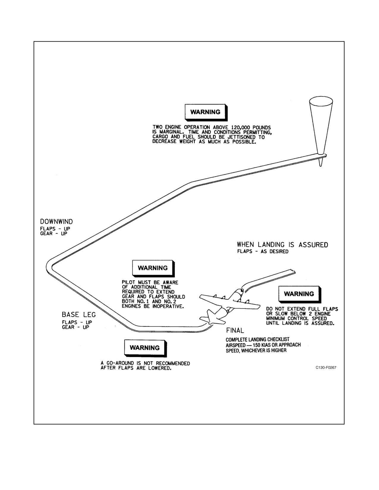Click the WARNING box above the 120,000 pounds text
(x=206, y=112)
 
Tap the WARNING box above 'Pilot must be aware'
(x=153, y=268)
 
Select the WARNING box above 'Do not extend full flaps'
(x=300, y=294)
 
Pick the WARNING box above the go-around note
(x=145, y=348)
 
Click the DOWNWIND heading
(x=56, y=222)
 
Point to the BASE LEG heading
(x=79, y=314)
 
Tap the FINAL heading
(x=235, y=331)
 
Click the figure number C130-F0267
(x=326, y=368)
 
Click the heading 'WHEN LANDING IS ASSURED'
(x=282, y=245)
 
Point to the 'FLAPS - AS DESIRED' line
(x=263, y=252)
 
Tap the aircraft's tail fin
(x=211, y=315)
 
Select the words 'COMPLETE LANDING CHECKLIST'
(x=257, y=339)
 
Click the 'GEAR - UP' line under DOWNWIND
(x=54, y=234)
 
